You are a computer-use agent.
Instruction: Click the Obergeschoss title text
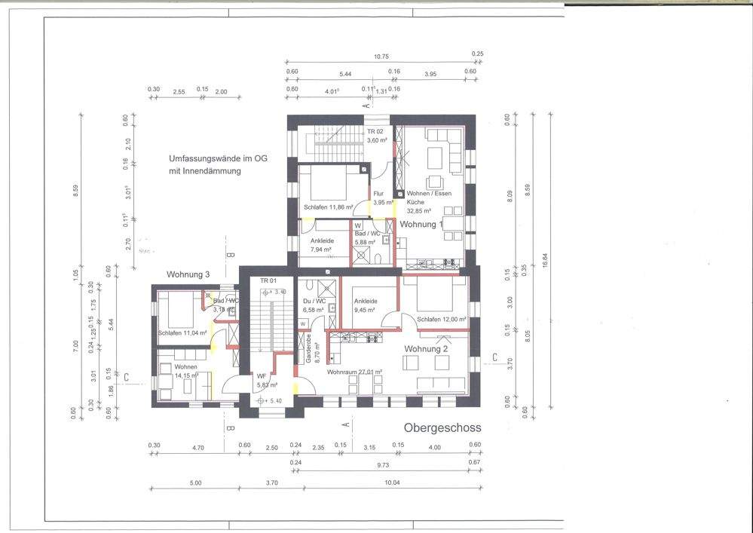tap(442, 427)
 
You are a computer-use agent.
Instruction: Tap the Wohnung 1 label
tap(419, 225)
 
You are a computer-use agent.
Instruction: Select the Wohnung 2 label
tap(427, 349)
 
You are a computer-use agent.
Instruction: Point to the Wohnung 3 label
tap(188, 275)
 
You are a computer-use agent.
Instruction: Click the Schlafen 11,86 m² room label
tap(329, 207)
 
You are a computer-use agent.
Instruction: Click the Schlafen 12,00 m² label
tap(442, 319)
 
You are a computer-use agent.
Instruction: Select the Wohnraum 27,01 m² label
tap(354, 372)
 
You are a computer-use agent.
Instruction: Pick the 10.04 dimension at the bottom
tap(390, 482)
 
